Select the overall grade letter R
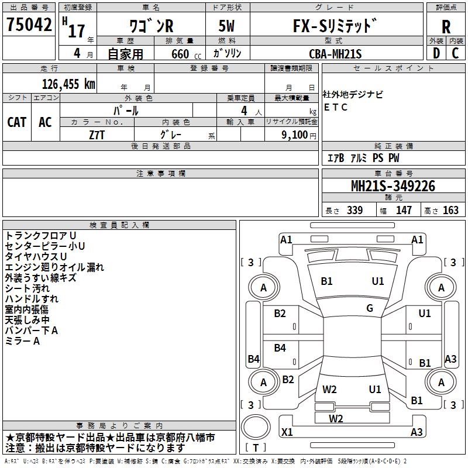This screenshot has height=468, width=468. [446, 26]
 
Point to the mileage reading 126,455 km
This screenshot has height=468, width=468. [69, 84]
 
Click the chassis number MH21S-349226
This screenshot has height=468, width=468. [393, 186]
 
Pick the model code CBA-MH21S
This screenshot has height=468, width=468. [335, 53]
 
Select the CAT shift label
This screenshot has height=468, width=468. [16, 122]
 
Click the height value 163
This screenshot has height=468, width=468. [450, 210]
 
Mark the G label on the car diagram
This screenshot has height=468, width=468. [370, 308]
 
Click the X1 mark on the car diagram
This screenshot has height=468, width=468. [287, 432]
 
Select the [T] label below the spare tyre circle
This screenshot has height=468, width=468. [256, 448]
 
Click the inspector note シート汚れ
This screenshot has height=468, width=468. [27, 288]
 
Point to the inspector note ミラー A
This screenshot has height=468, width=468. [22, 341]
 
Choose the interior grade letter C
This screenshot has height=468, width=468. [455, 53]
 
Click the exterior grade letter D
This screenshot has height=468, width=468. [436, 53]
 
